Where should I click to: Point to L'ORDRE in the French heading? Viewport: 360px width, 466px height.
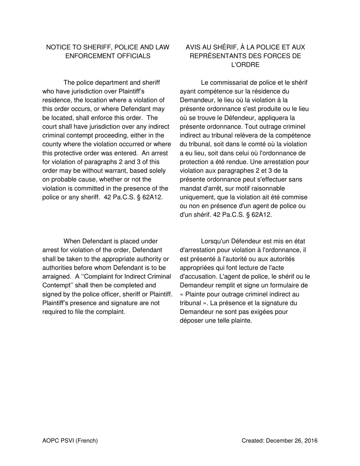coord(245,65)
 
